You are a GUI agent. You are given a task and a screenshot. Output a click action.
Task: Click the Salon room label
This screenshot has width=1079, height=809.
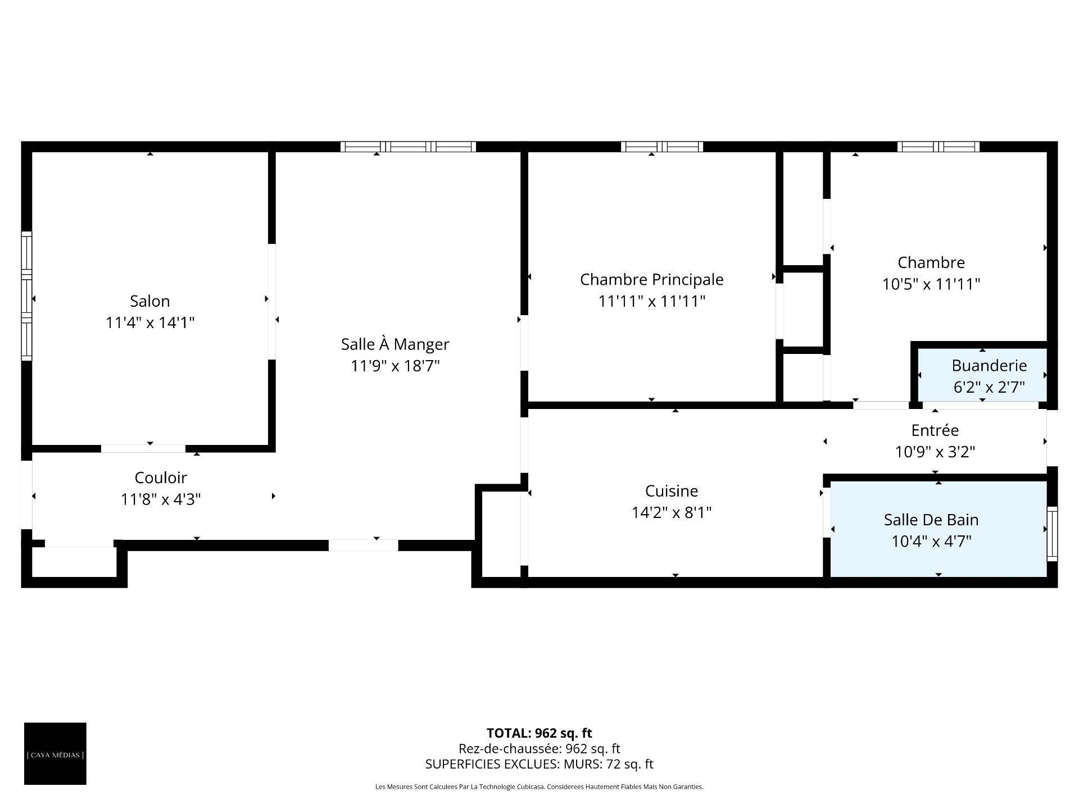tap(150, 301)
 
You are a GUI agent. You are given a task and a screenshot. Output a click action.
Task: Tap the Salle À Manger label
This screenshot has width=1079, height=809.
tap(395, 344)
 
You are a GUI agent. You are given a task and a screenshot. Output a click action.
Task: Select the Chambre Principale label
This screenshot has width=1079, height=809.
tap(652, 279)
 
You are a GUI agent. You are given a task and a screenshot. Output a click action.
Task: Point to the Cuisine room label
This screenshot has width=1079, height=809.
tap(672, 491)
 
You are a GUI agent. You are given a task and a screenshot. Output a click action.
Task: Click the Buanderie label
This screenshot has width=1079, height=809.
tap(989, 366)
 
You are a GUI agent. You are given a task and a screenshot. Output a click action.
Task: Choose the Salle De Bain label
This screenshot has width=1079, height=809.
tap(931, 520)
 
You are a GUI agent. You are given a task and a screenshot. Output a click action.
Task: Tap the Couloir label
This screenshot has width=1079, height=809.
tap(161, 478)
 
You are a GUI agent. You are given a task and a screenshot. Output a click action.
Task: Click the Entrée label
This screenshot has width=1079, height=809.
tap(935, 430)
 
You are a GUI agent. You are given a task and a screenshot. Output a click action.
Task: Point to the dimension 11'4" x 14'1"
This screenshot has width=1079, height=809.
tap(150, 322)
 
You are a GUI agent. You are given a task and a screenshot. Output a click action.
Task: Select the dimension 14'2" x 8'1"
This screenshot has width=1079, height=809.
tap(672, 512)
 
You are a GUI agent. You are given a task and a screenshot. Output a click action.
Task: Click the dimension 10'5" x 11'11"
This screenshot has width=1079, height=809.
tap(931, 284)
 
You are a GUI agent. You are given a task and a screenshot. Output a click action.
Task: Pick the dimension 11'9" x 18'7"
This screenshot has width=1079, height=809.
tap(395, 366)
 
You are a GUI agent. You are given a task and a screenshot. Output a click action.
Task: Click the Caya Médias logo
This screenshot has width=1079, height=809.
tap(55, 753)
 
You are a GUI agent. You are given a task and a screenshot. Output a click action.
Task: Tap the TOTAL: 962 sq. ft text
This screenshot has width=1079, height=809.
tap(539, 733)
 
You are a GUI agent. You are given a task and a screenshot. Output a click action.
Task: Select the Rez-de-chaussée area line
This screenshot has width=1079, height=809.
tap(539, 749)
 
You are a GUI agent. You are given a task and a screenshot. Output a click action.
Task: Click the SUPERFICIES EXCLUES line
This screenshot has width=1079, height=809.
tap(539, 764)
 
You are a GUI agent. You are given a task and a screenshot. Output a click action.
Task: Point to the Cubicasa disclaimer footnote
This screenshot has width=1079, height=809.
tap(539, 787)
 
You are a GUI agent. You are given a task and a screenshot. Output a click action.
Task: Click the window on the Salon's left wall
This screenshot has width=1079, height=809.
tap(26, 296)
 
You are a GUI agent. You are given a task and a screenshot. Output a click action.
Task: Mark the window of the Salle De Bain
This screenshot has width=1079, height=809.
tap(1052, 534)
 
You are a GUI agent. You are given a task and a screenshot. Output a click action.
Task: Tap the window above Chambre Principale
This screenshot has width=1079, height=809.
tap(662, 147)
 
